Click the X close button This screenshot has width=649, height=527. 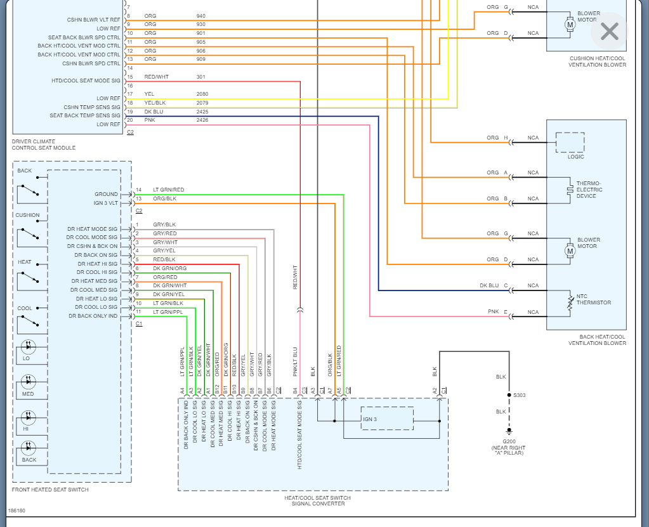609,31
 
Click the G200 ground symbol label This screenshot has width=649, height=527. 509,441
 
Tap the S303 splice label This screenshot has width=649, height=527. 519,395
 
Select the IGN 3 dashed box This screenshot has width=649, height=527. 387,419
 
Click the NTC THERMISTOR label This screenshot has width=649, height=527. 594,299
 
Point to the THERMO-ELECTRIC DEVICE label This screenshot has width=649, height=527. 589,190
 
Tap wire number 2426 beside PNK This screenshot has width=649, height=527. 202,120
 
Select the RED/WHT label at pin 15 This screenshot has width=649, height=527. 156,77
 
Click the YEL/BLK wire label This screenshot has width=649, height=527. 154,103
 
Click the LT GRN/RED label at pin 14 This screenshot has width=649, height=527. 169,190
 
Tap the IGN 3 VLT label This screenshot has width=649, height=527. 105,203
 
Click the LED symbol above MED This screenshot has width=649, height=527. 29,381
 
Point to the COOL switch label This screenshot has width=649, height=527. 25,308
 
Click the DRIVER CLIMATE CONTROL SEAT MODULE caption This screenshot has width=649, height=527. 44,145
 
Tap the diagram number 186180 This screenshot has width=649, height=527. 16,510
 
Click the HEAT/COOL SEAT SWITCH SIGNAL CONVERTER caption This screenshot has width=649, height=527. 317,500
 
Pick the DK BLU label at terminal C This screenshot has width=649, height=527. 489,285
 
